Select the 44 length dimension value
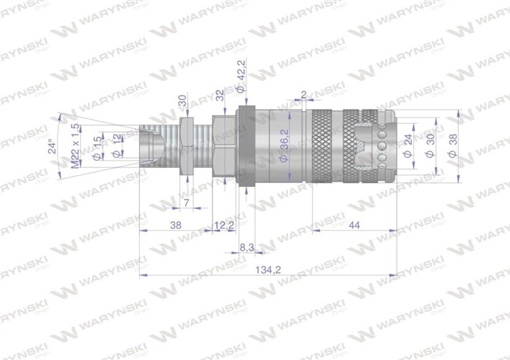point(353,225)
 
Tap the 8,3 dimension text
point(246,247)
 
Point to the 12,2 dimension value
point(224,225)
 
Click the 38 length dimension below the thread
point(174,225)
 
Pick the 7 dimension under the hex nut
point(187,203)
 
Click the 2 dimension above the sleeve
point(304,94)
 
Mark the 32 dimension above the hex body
point(220,96)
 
